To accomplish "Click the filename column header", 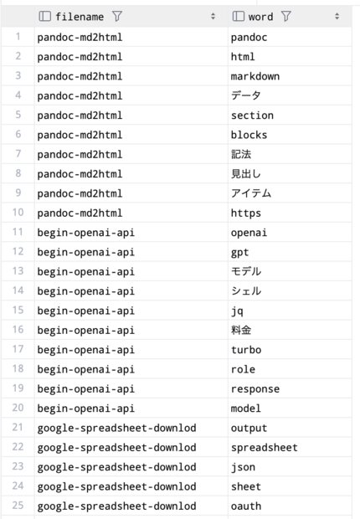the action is pyautogui.click(x=80, y=17).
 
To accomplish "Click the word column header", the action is pyautogui.click(x=260, y=17).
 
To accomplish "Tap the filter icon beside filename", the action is pyautogui.click(x=117, y=16).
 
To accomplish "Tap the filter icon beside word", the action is pyautogui.click(x=285, y=16).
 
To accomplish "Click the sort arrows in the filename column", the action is pyautogui.click(x=213, y=16).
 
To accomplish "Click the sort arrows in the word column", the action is pyautogui.click(x=337, y=16).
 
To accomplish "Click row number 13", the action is pyautogui.click(x=18, y=271).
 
